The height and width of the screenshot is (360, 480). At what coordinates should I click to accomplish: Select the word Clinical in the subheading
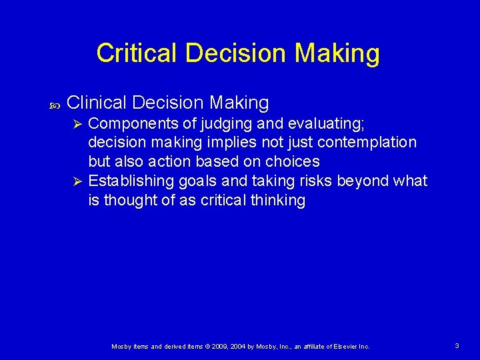coord(97,103)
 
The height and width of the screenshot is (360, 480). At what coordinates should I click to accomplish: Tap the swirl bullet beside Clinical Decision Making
coord(55,104)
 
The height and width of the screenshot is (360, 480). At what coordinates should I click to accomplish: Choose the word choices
coord(293,162)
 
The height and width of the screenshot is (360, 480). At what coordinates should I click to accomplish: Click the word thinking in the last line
coord(277,201)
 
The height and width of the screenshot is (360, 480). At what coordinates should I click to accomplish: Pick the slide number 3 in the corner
coord(457,346)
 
